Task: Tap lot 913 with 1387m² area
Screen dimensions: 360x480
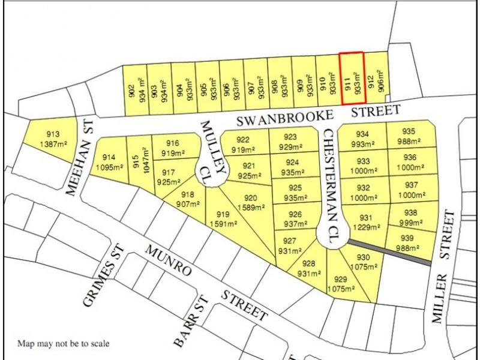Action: pyautogui.click(x=53, y=139)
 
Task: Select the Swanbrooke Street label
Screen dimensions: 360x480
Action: pyautogui.click(x=317, y=115)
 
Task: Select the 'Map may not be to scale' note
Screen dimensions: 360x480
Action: pyautogui.click(x=63, y=344)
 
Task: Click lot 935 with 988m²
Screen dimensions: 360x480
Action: pyautogui.click(x=409, y=136)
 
